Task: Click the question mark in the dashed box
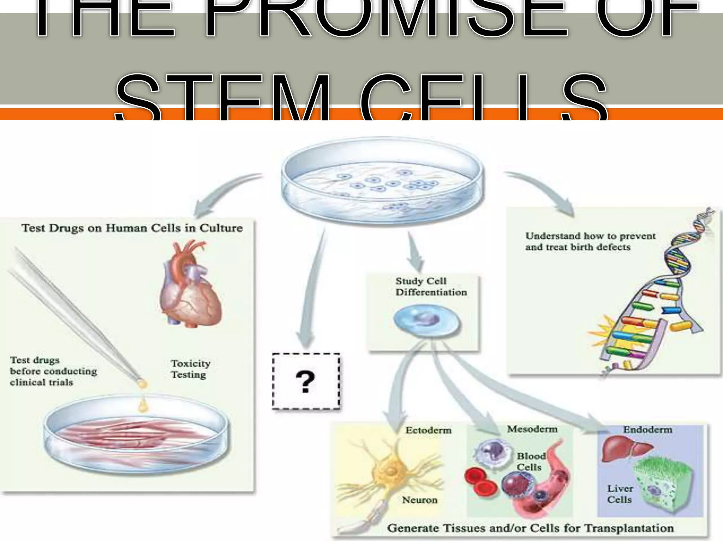click(305, 382)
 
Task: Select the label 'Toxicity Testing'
click(190, 369)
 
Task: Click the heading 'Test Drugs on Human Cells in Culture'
click(132, 228)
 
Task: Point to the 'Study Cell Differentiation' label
click(431, 287)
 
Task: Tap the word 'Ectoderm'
click(428, 430)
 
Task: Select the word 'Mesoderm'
click(532, 429)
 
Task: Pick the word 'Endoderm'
click(647, 429)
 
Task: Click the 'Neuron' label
click(419, 500)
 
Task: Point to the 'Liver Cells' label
click(620, 494)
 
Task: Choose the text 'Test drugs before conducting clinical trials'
click(53, 371)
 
